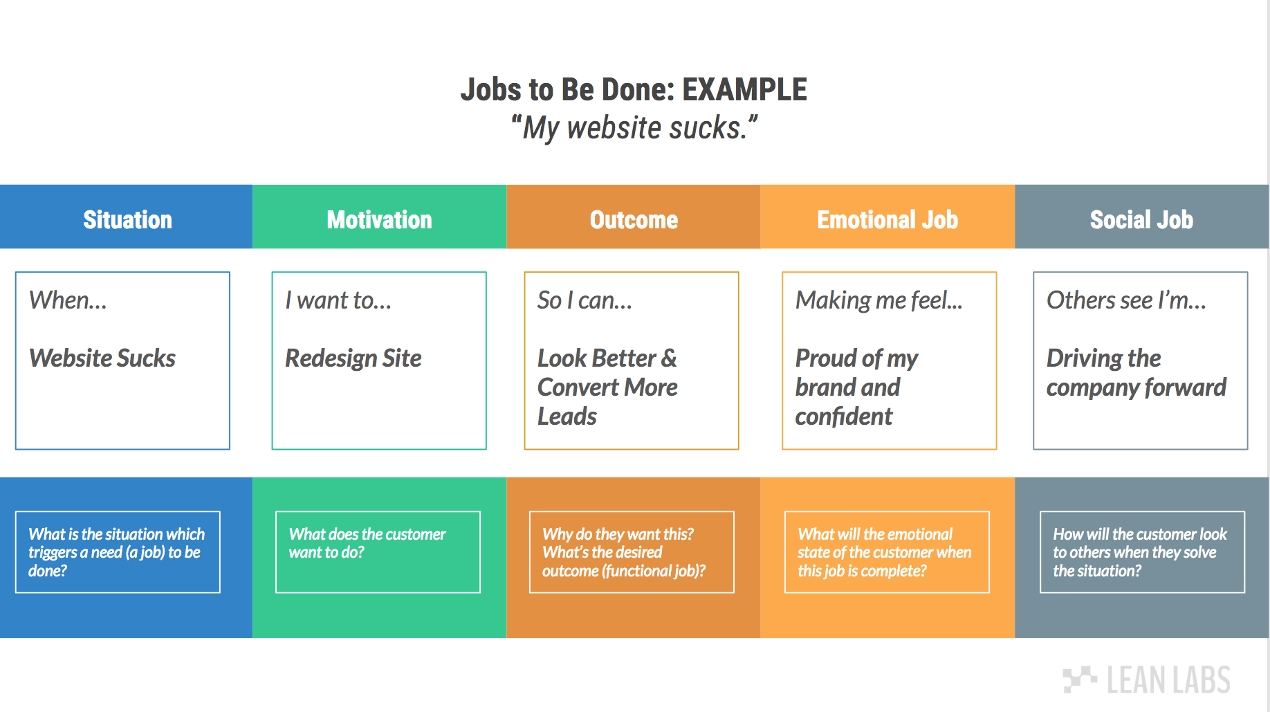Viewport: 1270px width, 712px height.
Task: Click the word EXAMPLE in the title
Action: (x=744, y=90)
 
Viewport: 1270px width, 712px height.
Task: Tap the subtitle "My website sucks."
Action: (x=634, y=128)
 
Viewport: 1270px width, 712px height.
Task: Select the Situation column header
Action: (x=127, y=219)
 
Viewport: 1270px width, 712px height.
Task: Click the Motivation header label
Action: (x=379, y=219)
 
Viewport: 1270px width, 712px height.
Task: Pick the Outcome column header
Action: (x=634, y=219)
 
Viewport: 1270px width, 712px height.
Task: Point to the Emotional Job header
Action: (x=887, y=219)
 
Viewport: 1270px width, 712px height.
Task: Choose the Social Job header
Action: (x=1141, y=219)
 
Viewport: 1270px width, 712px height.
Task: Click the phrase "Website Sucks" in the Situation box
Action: (x=102, y=358)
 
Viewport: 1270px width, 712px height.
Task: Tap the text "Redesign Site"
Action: (x=353, y=358)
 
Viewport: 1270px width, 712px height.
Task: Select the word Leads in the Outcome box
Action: (x=567, y=417)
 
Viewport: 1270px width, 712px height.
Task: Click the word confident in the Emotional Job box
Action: (x=844, y=417)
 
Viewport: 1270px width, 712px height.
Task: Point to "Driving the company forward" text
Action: (x=1136, y=373)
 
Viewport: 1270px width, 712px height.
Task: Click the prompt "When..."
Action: (x=68, y=300)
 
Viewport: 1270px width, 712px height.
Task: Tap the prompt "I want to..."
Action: (x=338, y=300)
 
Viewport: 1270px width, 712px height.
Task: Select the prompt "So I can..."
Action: (x=585, y=300)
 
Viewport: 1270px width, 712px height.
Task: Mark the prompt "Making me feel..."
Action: (x=878, y=300)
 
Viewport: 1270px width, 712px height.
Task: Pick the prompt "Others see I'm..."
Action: (x=1126, y=300)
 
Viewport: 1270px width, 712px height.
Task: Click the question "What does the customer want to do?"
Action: (x=367, y=543)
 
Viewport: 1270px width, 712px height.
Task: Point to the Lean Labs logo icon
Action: (x=1079, y=679)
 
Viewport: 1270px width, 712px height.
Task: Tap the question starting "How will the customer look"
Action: (x=1139, y=552)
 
